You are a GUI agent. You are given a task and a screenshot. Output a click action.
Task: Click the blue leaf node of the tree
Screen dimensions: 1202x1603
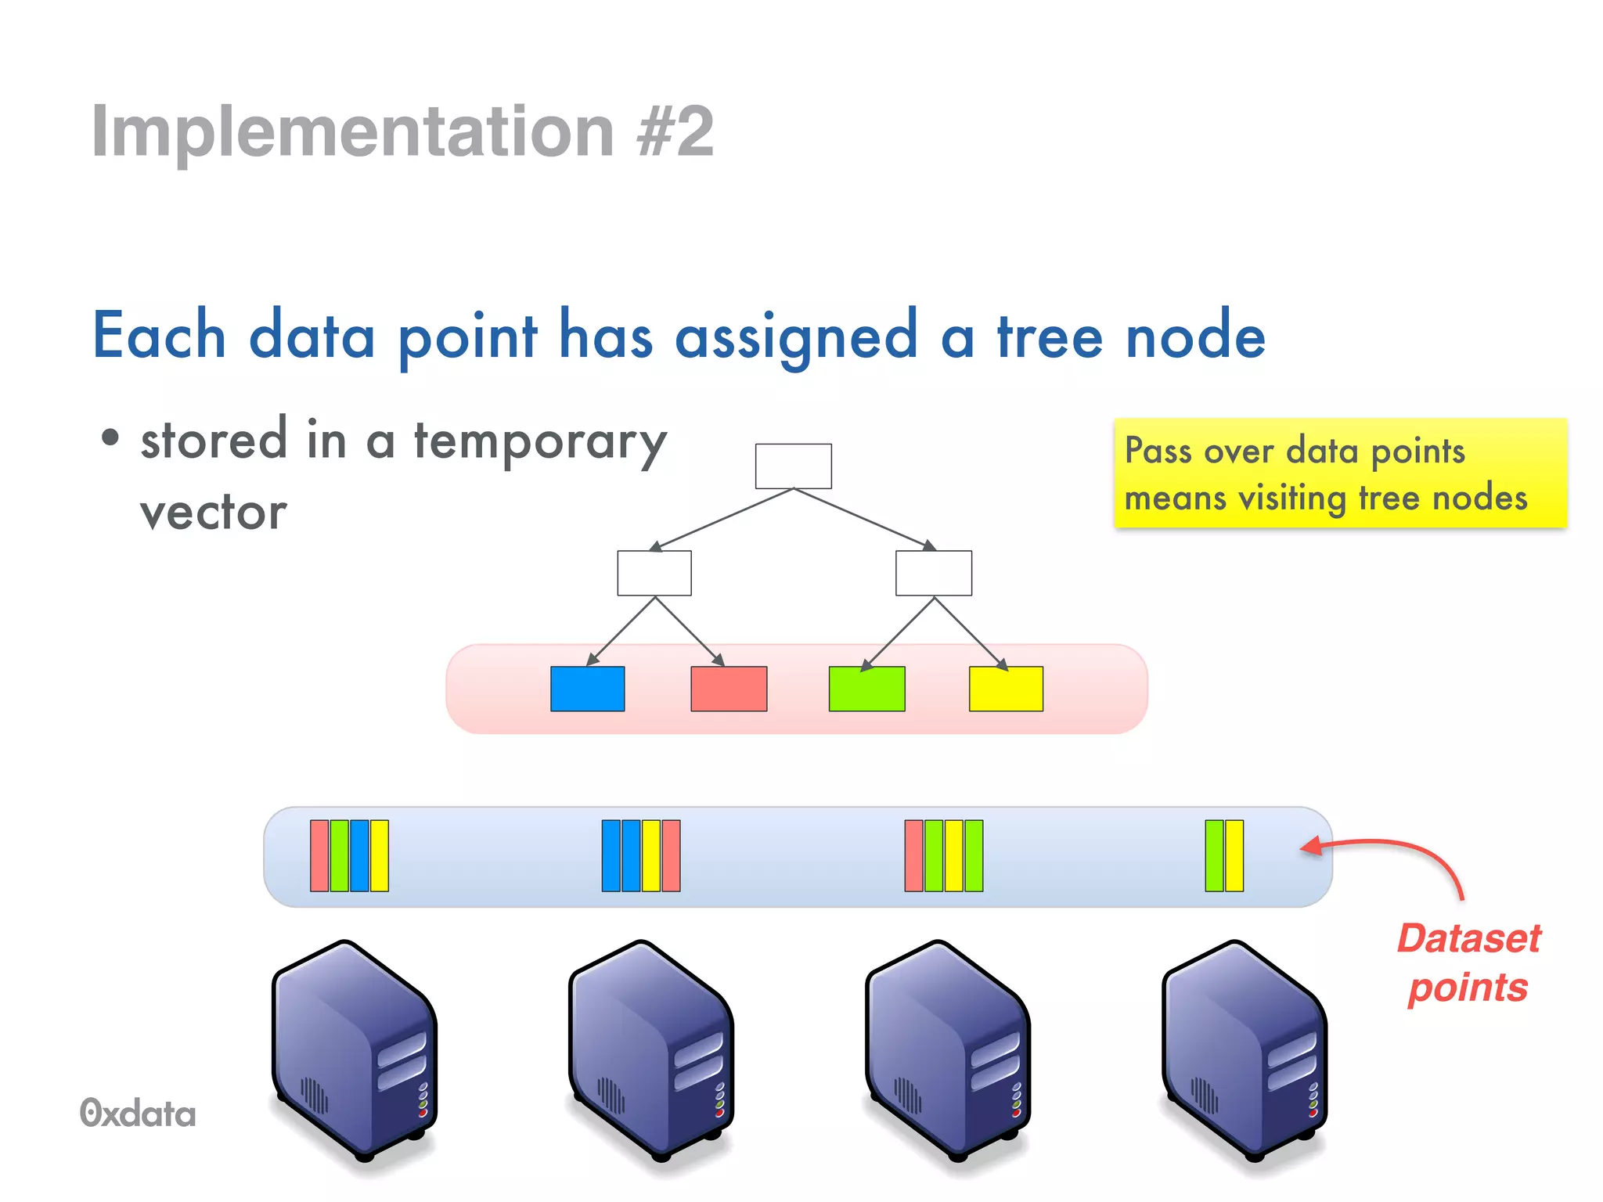pyautogui.click(x=587, y=689)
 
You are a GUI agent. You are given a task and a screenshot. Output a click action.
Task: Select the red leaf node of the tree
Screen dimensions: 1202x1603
pyautogui.click(x=729, y=689)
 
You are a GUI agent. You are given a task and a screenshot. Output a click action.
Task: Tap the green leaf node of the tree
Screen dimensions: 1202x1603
pyautogui.click(x=866, y=689)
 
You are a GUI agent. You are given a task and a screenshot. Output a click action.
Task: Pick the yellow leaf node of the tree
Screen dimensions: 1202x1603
pyautogui.click(x=1006, y=689)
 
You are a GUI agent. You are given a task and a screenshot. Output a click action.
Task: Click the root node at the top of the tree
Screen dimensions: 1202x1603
pyautogui.click(x=793, y=466)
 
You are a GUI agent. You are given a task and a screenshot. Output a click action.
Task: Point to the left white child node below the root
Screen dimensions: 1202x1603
pyautogui.click(x=654, y=573)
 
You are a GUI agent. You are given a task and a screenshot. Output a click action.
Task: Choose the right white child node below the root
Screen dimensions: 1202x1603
pyautogui.click(x=934, y=573)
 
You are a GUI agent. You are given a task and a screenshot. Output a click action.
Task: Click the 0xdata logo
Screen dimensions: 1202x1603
pyautogui.click(x=138, y=1114)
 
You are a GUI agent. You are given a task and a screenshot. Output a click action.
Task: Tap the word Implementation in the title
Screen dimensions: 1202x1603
pyautogui.click(x=352, y=131)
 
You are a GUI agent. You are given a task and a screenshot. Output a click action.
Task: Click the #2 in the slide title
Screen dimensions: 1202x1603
pyautogui.click(x=675, y=131)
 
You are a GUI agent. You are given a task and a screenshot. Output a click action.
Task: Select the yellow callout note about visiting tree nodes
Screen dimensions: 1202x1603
pyautogui.click(x=1340, y=473)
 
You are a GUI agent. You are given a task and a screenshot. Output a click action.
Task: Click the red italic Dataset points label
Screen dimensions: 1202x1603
pyautogui.click(x=1468, y=963)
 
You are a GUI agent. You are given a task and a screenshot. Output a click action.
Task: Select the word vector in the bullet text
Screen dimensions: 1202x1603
pyautogui.click(x=213, y=513)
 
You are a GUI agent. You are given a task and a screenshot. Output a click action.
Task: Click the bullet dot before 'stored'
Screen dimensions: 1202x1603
pyautogui.click(x=110, y=439)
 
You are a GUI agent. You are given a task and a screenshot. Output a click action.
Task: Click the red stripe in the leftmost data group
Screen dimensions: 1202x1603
pyautogui.click(x=319, y=855)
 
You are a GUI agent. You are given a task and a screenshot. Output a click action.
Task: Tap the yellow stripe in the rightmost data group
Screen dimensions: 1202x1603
pyautogui.click(x=1234, y=855)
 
